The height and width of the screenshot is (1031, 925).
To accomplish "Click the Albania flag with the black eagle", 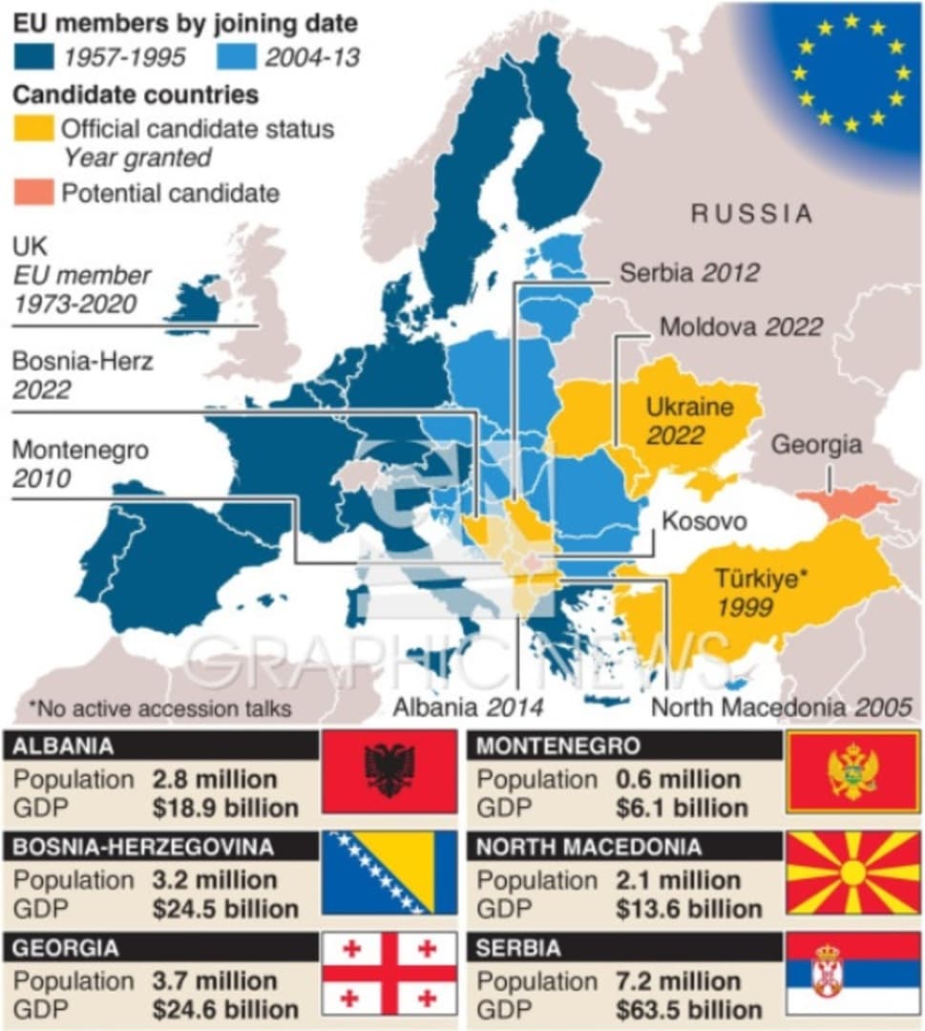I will [x=389, y=771].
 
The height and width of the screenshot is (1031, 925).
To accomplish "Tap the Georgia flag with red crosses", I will [x=389, y=974].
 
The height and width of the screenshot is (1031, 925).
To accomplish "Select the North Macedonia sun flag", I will [x=852, y=873].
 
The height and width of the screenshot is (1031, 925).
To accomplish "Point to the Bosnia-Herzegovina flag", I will [x=389, y=873].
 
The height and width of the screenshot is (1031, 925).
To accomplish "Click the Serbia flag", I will [x=852, y=974].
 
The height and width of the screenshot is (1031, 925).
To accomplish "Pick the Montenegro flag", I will [x=852, y=771].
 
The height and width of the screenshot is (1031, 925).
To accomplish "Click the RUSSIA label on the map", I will [x=751, y=214].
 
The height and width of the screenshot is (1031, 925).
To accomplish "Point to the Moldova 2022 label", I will [x=741, y=326].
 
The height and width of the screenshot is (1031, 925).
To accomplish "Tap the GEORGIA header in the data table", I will [x=66, y=948].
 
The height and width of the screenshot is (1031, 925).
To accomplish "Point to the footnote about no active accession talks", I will [x=159, y=708].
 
